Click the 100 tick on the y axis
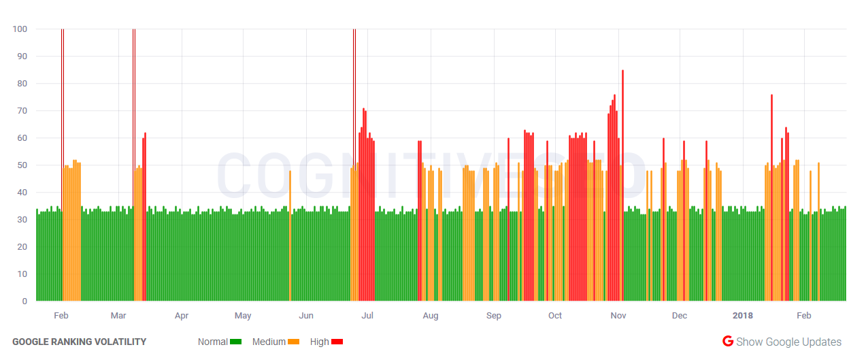point(19,29)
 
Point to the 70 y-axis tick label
point(21,110)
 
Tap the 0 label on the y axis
point(24,301)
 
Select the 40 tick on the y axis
point(21,192)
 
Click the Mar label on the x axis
point(118,316)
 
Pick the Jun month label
point(306,316)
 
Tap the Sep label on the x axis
point(493,316)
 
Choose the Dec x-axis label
point(679,316)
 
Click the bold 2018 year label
point(743,316)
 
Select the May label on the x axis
point(243,316)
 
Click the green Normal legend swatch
point(236,342)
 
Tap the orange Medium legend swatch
point(294,342)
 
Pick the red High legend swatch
point(337,342)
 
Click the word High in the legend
point(319,342)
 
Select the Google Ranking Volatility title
point(79,342)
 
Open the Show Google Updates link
point(788,342)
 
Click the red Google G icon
point(727,342)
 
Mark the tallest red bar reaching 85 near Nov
point(622,184)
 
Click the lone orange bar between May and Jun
point(290,235)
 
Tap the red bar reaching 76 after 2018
point(771,197)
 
